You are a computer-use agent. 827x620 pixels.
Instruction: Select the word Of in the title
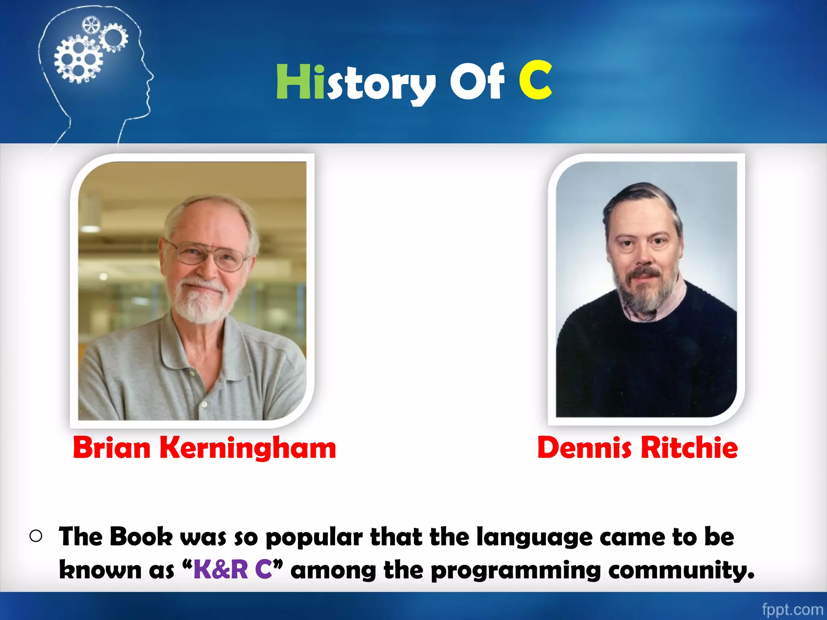477,82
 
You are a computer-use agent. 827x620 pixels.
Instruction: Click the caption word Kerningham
248,448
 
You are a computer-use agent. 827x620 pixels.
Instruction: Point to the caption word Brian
111,448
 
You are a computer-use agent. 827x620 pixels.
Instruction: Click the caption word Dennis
584,448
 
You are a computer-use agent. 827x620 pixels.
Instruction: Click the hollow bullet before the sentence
36,536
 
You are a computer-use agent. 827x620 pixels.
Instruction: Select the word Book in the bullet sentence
141,537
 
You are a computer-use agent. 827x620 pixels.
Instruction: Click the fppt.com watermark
792,609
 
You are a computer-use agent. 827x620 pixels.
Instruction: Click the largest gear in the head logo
78,59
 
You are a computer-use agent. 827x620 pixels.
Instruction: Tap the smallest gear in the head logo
90,25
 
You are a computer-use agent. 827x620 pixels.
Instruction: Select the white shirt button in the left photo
204,404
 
